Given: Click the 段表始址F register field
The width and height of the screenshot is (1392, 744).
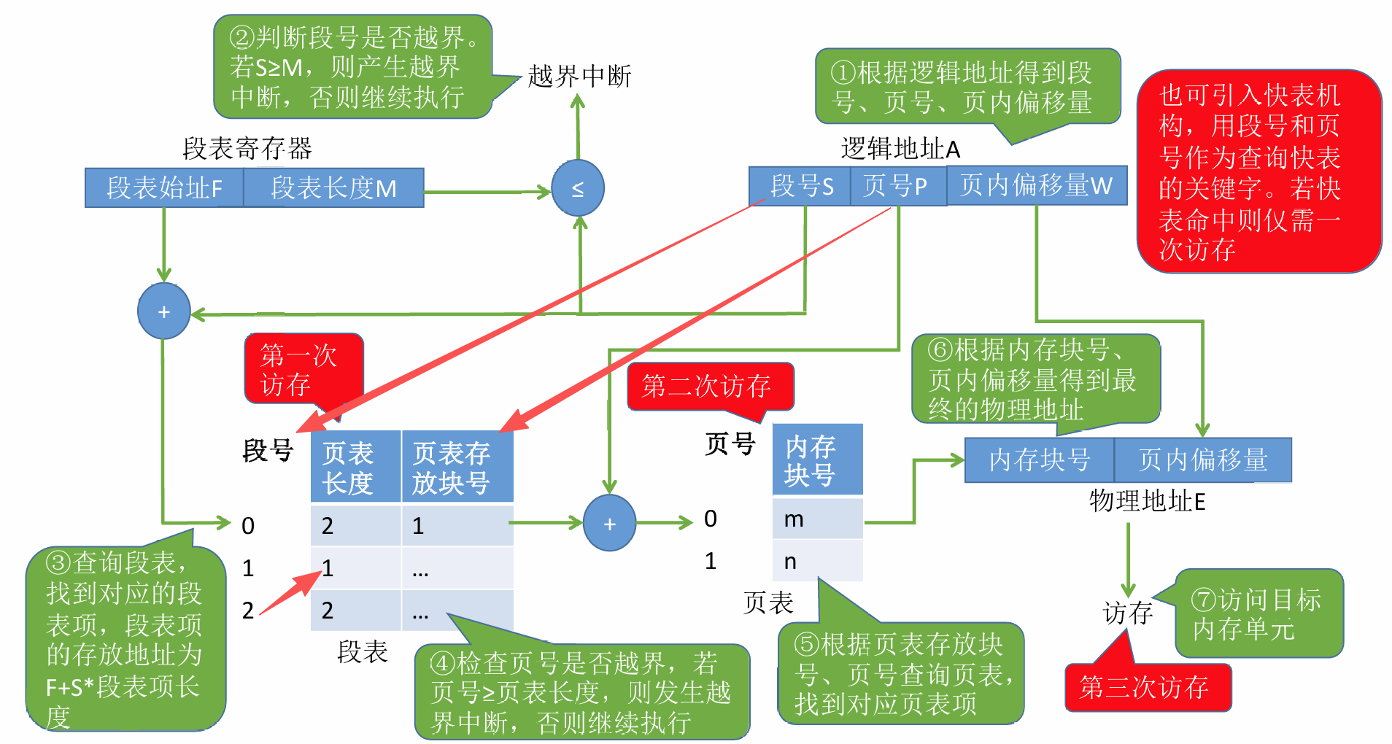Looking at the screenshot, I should pyautogui.click(x=164, y=188).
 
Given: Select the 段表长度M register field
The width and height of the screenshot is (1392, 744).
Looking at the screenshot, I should pyautogui.click(x=333, y=188).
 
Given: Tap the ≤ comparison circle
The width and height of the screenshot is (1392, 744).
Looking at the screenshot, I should pyautogui.click(x=578, y=188).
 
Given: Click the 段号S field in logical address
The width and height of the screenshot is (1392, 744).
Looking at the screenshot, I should pyautogui.click(x=800, y=186).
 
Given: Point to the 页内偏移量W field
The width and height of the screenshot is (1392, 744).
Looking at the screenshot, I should pyautogui.click(x=1036, y=185).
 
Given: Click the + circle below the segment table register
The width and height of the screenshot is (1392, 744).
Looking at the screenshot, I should pyautogui.click(x=164, y=311).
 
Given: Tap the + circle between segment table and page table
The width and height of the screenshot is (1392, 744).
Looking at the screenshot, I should pyautogui.click(x=610, y=523).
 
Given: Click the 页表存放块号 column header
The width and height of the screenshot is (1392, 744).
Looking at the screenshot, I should pyautogui.click(x=457, y=467).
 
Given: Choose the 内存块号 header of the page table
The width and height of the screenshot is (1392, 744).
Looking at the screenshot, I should pyautogui.click(x=817, y=460).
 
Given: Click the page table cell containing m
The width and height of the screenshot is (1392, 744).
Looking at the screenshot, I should pyautogui.click(x=817, y=519).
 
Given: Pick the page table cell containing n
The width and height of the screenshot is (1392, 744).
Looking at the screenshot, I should pyautogui.click(x=817, y=561).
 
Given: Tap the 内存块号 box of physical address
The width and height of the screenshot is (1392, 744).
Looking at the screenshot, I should pyautogui.click(x=1039, y=460).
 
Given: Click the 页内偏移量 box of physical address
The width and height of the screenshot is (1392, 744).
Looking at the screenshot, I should pyautogui.click(x=1202, y=460).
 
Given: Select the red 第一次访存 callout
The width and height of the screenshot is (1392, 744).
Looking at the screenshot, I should pyautogui.click(x=303, y=368).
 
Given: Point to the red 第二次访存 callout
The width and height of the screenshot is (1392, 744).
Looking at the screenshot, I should pyautogui.click(x=709, y=386).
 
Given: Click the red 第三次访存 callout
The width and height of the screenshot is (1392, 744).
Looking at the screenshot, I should pyautogui.click(x=1147, y=687).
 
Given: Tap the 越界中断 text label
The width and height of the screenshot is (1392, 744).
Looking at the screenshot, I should pyautogui.click(x=579, y=76).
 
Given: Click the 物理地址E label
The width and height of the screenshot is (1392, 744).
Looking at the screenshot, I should pyautogui.click(x=1147, y=501).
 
